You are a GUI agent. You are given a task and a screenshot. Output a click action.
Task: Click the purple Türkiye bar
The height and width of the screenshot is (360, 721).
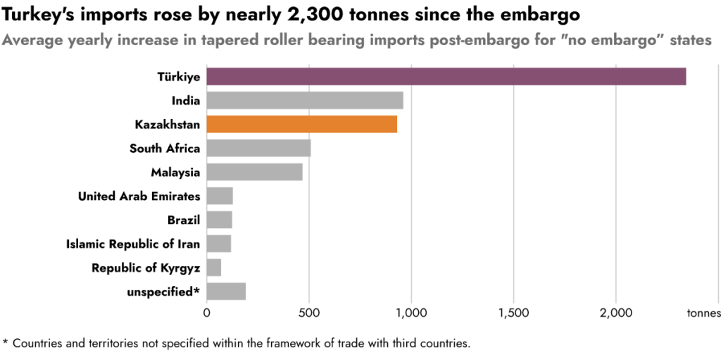(x=446, y=76)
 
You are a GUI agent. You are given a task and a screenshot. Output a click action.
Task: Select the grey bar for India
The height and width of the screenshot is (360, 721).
(x=305, y=100)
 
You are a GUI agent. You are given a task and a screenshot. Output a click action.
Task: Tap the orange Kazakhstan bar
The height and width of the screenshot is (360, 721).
(x=302, y=124)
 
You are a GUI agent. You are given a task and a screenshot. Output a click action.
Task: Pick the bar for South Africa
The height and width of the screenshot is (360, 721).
(x=258, y=148)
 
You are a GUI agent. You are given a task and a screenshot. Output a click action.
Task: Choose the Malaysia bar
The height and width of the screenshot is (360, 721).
(x=255, y=172)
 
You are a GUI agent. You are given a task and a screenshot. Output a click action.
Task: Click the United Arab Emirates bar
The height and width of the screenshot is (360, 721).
(x=220, y=196)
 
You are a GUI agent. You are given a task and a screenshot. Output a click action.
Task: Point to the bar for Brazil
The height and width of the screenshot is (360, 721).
(x=219, y=220)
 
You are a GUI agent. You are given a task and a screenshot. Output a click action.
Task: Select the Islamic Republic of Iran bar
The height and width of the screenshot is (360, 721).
(x=219, y=244)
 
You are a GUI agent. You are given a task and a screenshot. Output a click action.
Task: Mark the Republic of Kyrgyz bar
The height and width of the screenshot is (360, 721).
(x=214, y=268)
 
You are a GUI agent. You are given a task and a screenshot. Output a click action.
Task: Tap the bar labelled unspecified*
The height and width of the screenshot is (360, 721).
(x=226, y=291)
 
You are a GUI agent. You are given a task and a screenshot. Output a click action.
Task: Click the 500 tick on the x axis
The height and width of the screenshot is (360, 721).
(x=309, y=313)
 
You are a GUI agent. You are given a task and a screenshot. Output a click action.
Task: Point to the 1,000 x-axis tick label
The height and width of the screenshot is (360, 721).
(x=411, y=313)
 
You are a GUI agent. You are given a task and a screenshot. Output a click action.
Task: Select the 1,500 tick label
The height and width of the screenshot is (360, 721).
(x=513, y=313)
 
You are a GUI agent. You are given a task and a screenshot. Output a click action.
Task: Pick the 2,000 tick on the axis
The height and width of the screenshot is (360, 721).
(x=616, y=313)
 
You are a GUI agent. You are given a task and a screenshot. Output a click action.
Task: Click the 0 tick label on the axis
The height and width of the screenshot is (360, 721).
(x=207, y=313)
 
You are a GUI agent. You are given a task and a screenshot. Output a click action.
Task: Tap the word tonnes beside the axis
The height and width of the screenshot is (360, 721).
(x=703, y=313)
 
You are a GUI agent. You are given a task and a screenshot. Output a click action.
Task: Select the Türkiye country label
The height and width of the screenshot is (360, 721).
(x=179, y=77)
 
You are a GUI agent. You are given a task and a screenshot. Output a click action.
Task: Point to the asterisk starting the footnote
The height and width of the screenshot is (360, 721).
(x=6, y=343)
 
